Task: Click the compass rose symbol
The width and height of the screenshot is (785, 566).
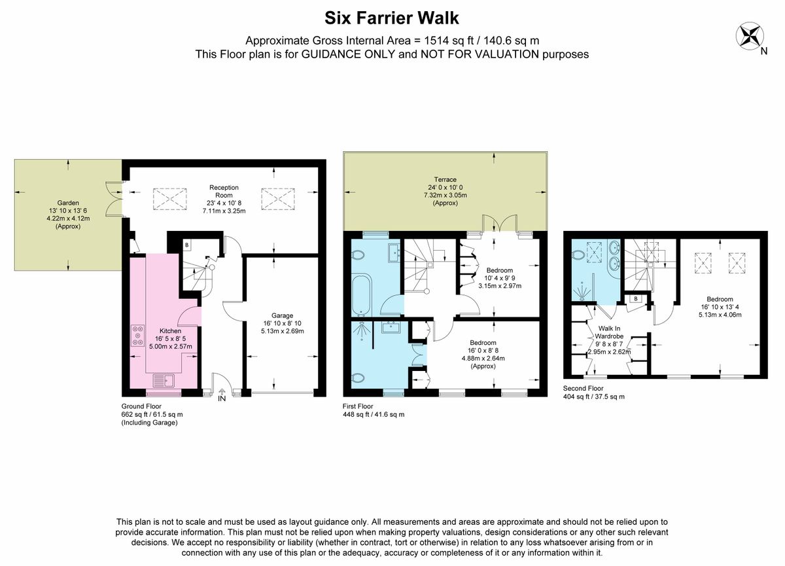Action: point(750,36)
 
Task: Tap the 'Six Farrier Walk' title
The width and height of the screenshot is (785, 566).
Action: point(391,18)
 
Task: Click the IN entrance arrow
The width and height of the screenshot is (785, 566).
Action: point(222,391)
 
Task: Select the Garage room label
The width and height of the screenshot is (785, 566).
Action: point(282,315)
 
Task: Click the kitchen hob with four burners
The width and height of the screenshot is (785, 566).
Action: point(138,336)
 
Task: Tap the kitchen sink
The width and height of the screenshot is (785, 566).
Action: point(164,381)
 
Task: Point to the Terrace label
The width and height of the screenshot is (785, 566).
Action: point(445,179)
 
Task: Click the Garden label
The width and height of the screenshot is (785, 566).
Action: point(68,203)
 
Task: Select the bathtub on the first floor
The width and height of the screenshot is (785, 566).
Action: point(361,296)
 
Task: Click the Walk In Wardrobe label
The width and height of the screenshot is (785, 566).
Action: point(609,332)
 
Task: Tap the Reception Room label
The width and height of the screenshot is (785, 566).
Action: point(224,191)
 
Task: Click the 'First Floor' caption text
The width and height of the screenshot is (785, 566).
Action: point(358,406)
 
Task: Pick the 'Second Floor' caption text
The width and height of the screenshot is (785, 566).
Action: point(583,388)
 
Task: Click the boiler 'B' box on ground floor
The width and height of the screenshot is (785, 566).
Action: point(187,245)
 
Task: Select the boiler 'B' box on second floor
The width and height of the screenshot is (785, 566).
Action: point(636,299)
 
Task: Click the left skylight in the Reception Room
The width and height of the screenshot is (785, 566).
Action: point(169,199)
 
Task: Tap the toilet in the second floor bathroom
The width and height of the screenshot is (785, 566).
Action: point(578,256)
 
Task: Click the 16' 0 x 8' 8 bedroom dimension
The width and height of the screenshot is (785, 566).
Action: point(483,350)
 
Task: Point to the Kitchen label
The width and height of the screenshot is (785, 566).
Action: point(170,331)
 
